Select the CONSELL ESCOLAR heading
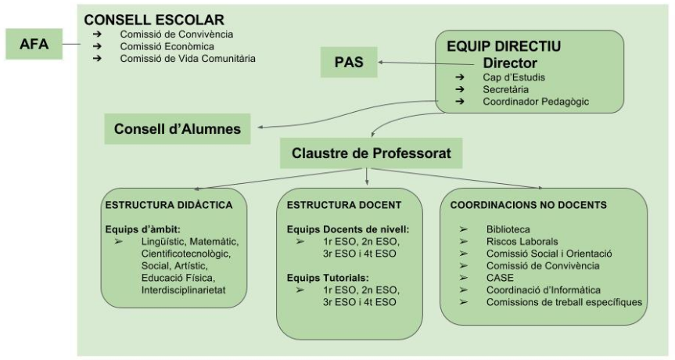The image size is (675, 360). point(154,19)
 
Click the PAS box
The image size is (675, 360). point(350,62)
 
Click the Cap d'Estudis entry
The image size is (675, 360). point(513,77)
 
